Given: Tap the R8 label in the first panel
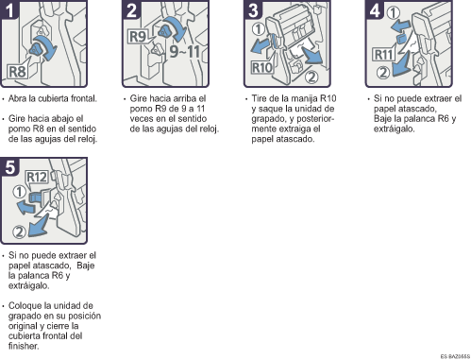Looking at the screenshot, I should click(17, 70).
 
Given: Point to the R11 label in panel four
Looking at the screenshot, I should click(383, 54).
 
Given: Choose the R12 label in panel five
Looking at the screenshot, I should click(37, 177).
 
